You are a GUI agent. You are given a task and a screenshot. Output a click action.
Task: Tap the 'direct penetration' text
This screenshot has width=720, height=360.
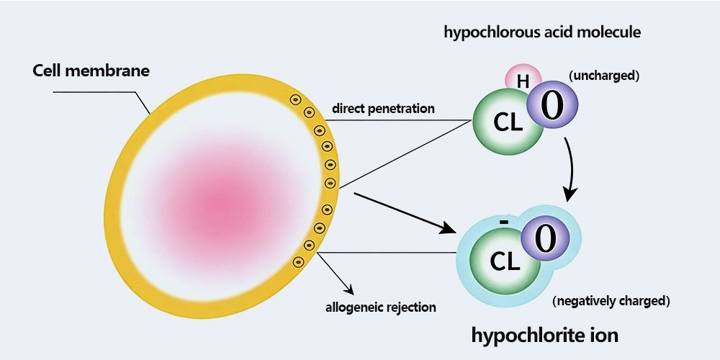coord(383,109)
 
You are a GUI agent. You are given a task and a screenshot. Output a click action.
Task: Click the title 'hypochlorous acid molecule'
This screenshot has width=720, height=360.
coord(542,32)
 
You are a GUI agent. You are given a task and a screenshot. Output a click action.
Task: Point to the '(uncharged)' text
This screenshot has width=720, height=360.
coord(604,76)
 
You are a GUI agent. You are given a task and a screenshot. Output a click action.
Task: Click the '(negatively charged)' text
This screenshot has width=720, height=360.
coord(611,300)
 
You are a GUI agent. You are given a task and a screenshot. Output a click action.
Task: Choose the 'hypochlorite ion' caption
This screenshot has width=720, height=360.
coord(545,335)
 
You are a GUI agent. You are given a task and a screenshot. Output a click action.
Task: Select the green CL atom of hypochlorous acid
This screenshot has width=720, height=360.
coord(507,122)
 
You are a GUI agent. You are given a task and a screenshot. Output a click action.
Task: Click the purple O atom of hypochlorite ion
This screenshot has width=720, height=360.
coord(545,239)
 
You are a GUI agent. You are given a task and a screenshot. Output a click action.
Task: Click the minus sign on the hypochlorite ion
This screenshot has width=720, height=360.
coord(503,222)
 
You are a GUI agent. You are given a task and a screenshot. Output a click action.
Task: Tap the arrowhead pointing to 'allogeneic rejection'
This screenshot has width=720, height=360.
coord(351,291)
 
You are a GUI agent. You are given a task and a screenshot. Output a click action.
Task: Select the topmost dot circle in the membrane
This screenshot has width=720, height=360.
coord(294,99)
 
